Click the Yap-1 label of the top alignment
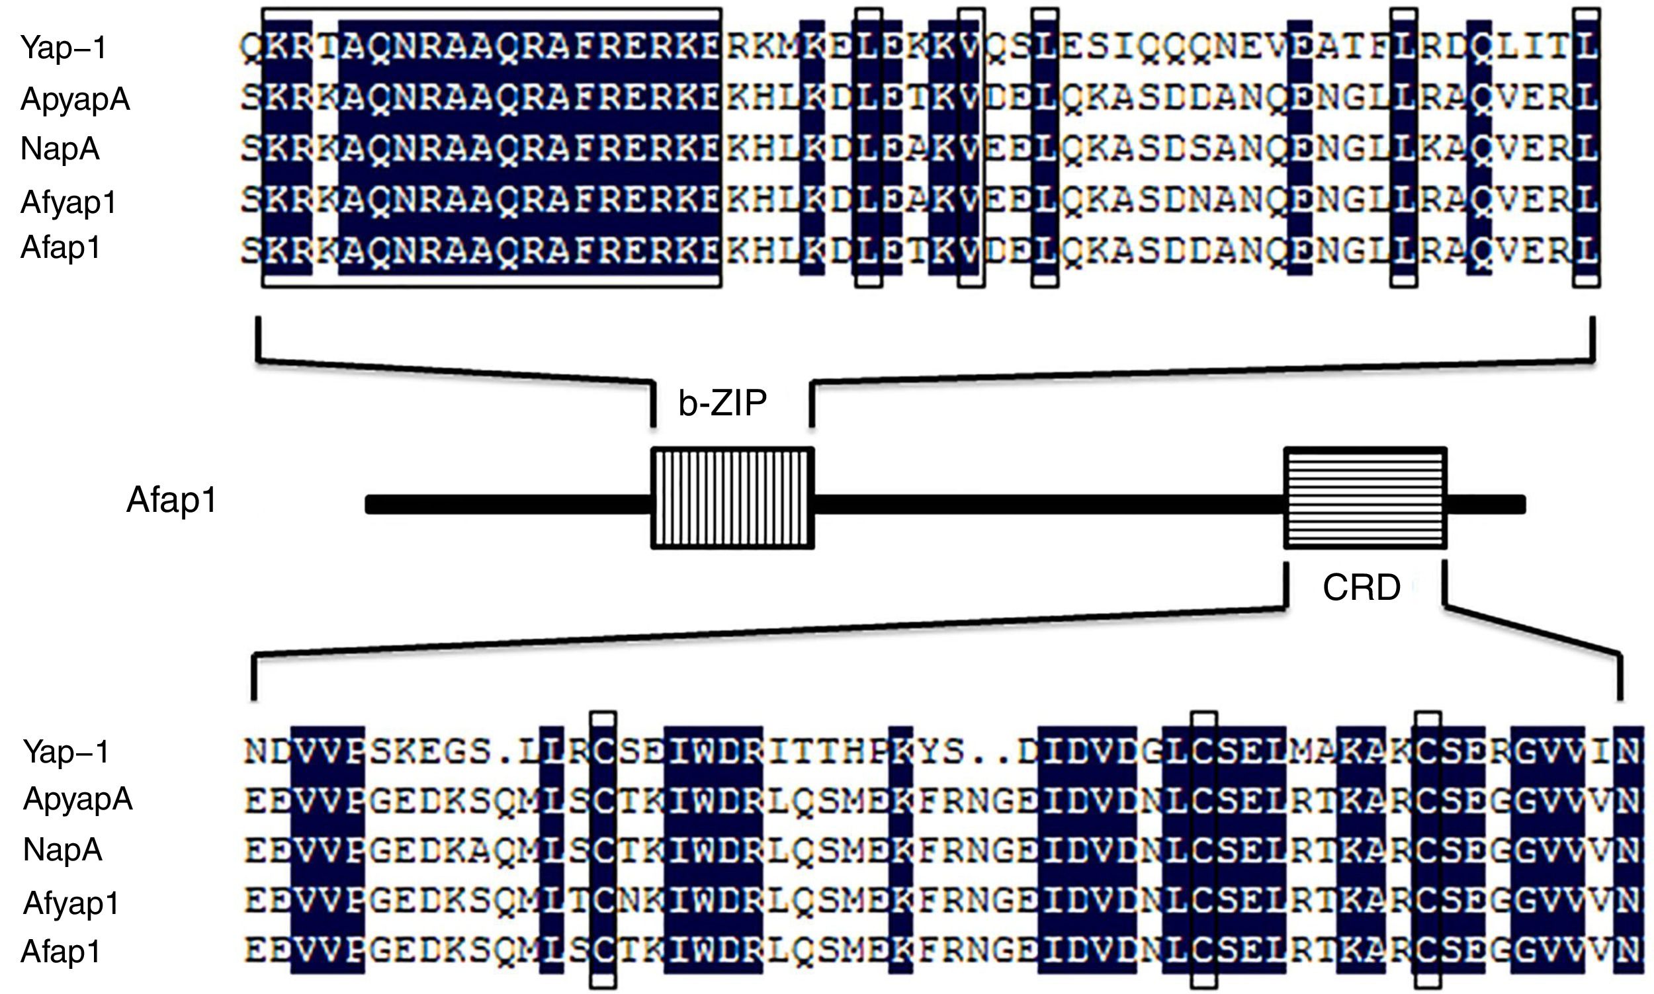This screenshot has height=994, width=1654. pos(64,48)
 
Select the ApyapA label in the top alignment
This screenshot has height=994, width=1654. pos(75,99)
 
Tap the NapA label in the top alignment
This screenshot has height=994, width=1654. pos(60,148)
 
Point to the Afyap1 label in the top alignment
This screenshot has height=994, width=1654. pos(69,202)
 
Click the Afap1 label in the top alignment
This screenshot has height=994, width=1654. pos(61,247)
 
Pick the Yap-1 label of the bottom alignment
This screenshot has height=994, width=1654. pos(66,751)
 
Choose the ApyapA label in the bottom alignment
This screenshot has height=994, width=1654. pos(77,798)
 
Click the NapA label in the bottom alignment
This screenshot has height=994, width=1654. pos(63,849)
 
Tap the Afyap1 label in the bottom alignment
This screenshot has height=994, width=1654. pos(71,903)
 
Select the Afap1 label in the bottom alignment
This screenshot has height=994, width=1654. pos(61,951)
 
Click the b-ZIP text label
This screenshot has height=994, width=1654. pos(722,403)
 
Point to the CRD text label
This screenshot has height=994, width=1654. pos(1362,587)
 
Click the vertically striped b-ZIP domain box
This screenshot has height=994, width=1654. pos(733,499)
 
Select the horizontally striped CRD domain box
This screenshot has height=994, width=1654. pos(1366,499)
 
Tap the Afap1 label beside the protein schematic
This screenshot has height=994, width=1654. pos(171,500)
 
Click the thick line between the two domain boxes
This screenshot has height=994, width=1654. pos(1049,505)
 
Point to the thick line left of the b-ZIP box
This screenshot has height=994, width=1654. pos(509,505)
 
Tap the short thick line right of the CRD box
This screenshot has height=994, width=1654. pos(1485,505)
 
